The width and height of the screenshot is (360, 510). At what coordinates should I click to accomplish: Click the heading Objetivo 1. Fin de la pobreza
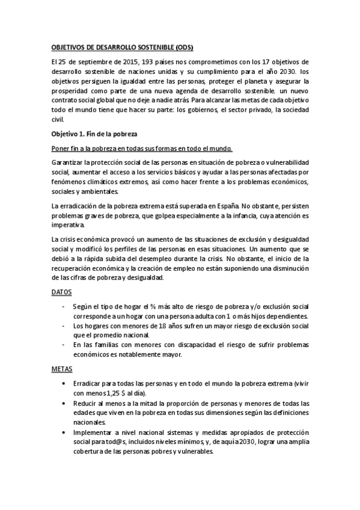(95, 134)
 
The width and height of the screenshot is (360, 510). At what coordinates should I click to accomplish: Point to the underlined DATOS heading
(62, 292)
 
